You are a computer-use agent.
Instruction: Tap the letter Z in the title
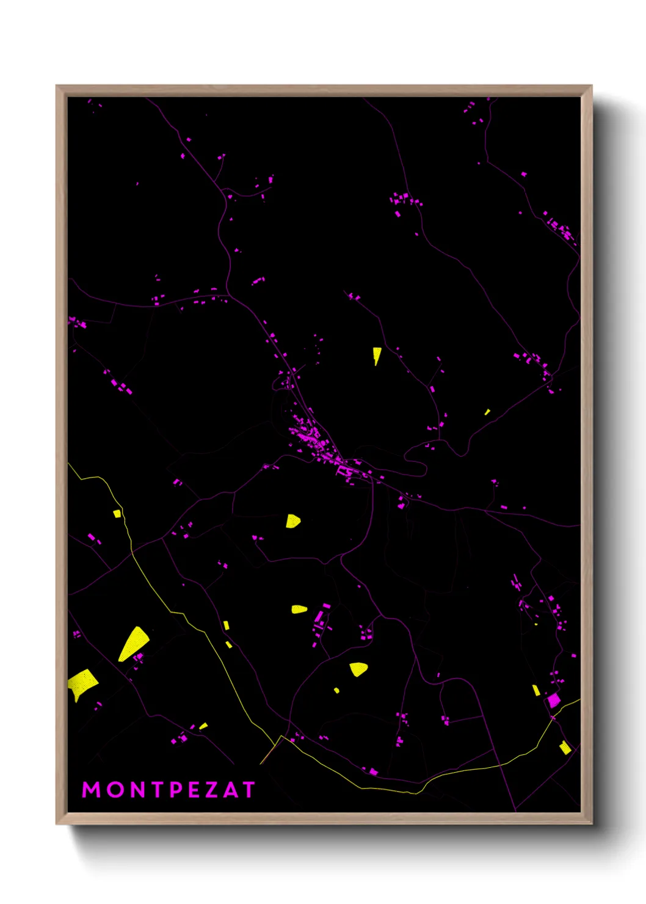[210, 790]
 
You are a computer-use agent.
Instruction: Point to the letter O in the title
[115, 790]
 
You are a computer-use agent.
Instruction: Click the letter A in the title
[230, 790]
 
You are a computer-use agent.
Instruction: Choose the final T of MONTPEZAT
[248, 790]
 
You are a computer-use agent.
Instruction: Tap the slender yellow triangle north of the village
[377, 354]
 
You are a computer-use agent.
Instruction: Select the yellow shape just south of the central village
[292, 521]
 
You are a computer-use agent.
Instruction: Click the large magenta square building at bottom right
[553, 700]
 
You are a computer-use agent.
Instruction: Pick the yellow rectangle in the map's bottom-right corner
[565, 748]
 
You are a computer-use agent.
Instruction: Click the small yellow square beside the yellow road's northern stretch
[117, 514]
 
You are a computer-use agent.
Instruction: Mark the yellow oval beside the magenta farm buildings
[299, 609]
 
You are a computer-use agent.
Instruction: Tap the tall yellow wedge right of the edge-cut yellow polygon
[134, 643]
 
